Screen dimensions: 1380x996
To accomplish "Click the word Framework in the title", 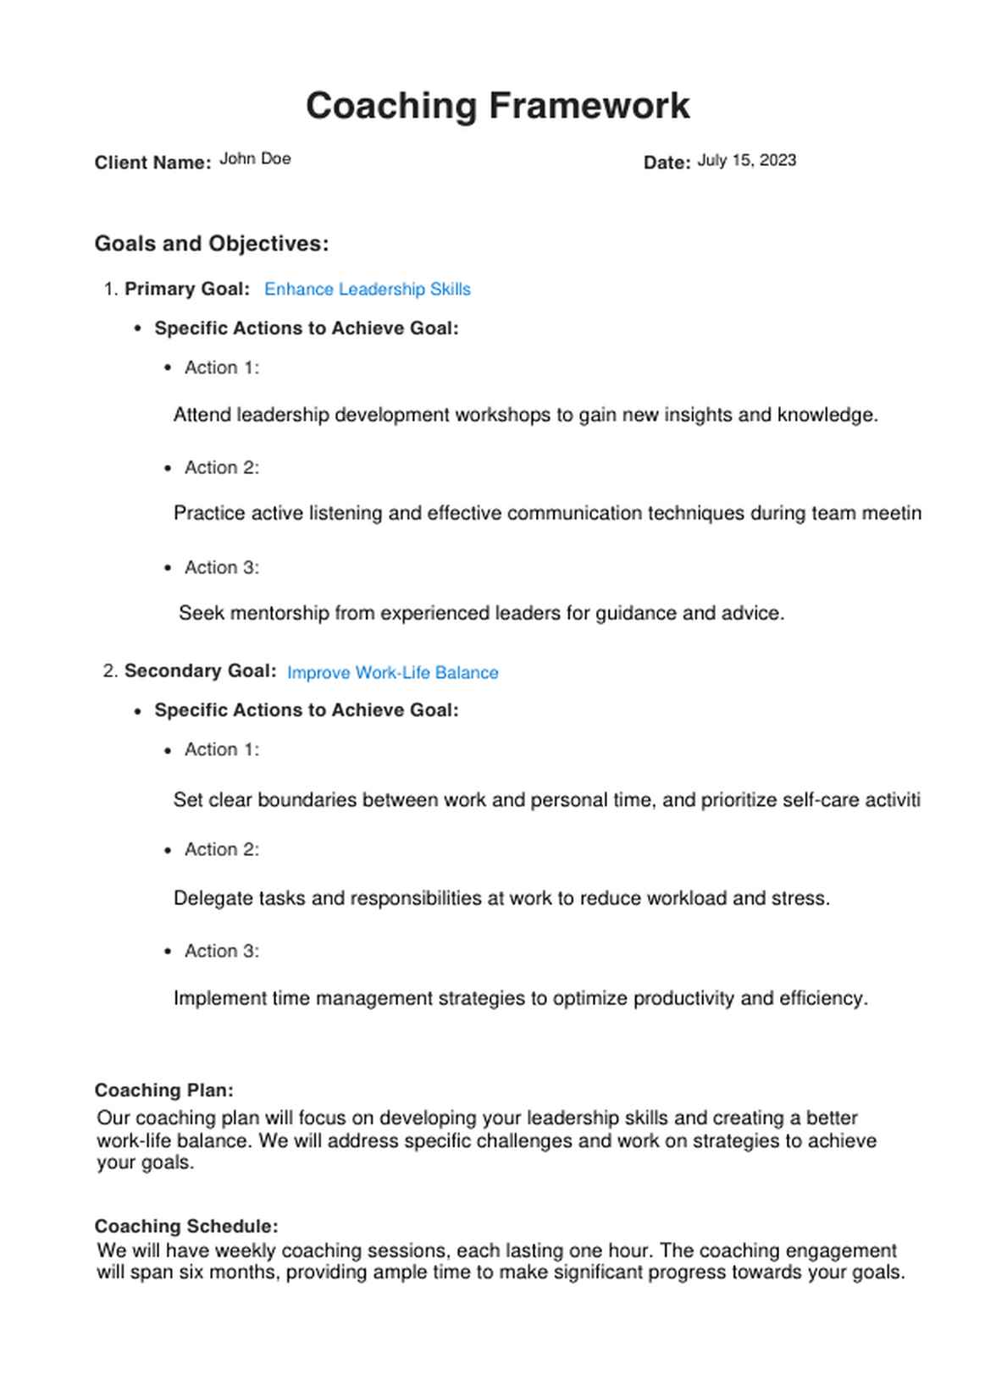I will (589, 107).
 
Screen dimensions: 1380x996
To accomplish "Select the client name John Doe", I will (255, 158).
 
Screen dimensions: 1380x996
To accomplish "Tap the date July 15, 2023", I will (746, 160).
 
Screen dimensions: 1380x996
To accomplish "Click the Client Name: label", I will (152, 163).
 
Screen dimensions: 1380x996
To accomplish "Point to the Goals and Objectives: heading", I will (212, 244).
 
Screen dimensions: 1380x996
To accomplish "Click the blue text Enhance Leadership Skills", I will (367, 290).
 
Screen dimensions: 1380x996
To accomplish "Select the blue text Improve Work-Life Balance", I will (392, 673).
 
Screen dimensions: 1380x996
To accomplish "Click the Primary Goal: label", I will (187, 289).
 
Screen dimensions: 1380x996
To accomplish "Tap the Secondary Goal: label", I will (200, 671).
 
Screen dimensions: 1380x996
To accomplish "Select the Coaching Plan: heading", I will (163, 1090).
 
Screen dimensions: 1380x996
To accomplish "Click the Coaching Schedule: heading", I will (185, 1226).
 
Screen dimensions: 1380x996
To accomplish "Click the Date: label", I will (667, 163).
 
